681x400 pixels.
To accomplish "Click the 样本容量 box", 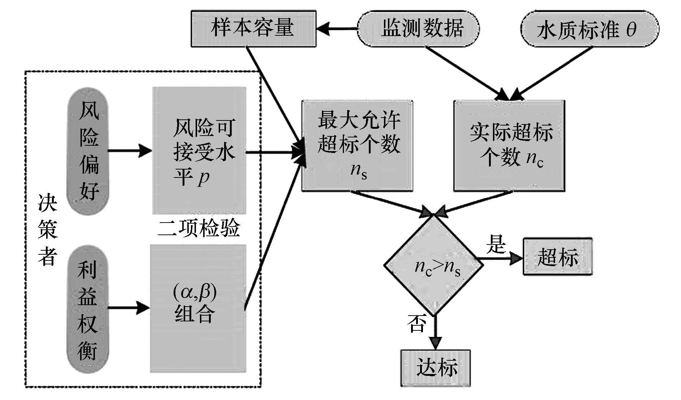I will (x=253, y=28).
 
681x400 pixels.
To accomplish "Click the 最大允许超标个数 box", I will (x=357, y=145).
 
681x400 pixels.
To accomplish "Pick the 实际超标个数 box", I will (x=509, y=145).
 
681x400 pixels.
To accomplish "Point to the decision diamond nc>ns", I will (x=433, y=266).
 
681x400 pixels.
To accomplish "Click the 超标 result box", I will (x=558, y=257).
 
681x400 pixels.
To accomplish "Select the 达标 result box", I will (x=436, y=368).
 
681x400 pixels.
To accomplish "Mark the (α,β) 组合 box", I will (x=198, y=308).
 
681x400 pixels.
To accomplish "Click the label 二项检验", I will (x=199, y=229).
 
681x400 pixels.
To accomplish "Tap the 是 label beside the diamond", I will (x=496, y=244).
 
